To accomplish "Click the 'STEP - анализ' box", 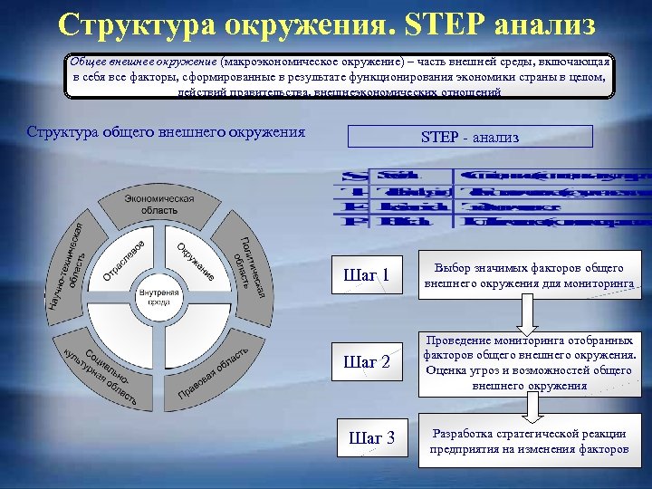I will pos(470,137).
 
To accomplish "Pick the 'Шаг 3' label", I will pos(371,438).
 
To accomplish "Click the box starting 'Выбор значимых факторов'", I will pos(529,275).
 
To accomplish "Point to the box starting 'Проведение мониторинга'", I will pos(529,360).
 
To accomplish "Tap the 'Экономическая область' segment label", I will pos(159,204).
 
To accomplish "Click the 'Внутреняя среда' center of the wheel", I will pos(159,298).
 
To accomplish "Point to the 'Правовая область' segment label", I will pos(213,372).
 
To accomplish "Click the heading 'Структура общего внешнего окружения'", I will pos(166,133).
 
